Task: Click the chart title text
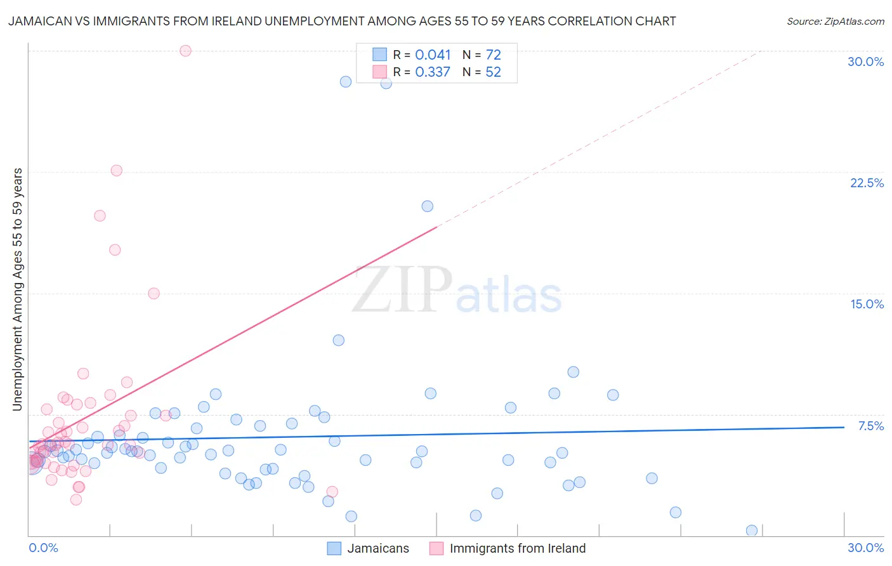pyautogui.click(x=342, y=21)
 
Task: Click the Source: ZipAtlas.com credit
pyautogui.click(x=835, y=21)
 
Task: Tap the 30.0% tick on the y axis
pyautogui.click(x=865, y=62)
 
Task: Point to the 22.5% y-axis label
pyautogui.click(x=867, y=183)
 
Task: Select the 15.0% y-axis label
pyautogui.click(x=867, y=304)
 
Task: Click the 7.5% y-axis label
pyautogui.click(x=870, y=426)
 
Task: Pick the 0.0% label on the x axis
pyautogui.click(x=43, y=548)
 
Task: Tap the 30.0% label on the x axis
pyautogui.click(x=865, y=548)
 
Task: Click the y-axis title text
pyautogui.click(x=18, y=289)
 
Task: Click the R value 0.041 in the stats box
pyautogui.click(x=433, y=55)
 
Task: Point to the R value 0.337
pyautogui.click(x=433, y=72)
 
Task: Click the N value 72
pyautogui.click(x=493, y=55)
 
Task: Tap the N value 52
pyautogui.click(x=493, y=72)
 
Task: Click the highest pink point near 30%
pyautogui.click(x=185, y=51)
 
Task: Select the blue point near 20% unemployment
pyautogui.click(x=427, y=206)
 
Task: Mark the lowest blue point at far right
pyautogui.click(x=752, y=530)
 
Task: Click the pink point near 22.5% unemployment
pyautogui.click(x=116, y=171)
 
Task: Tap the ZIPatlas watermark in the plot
pyautogui.click(x=457, y=291)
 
